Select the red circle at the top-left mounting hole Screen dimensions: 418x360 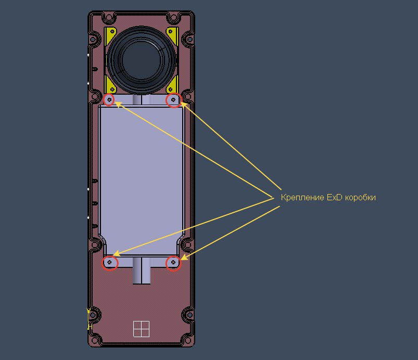click(109, 100)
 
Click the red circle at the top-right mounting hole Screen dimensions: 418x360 click(173, 100)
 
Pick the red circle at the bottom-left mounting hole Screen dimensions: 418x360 click(110, 263)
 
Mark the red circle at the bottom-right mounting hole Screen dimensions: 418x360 click(173, 263)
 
